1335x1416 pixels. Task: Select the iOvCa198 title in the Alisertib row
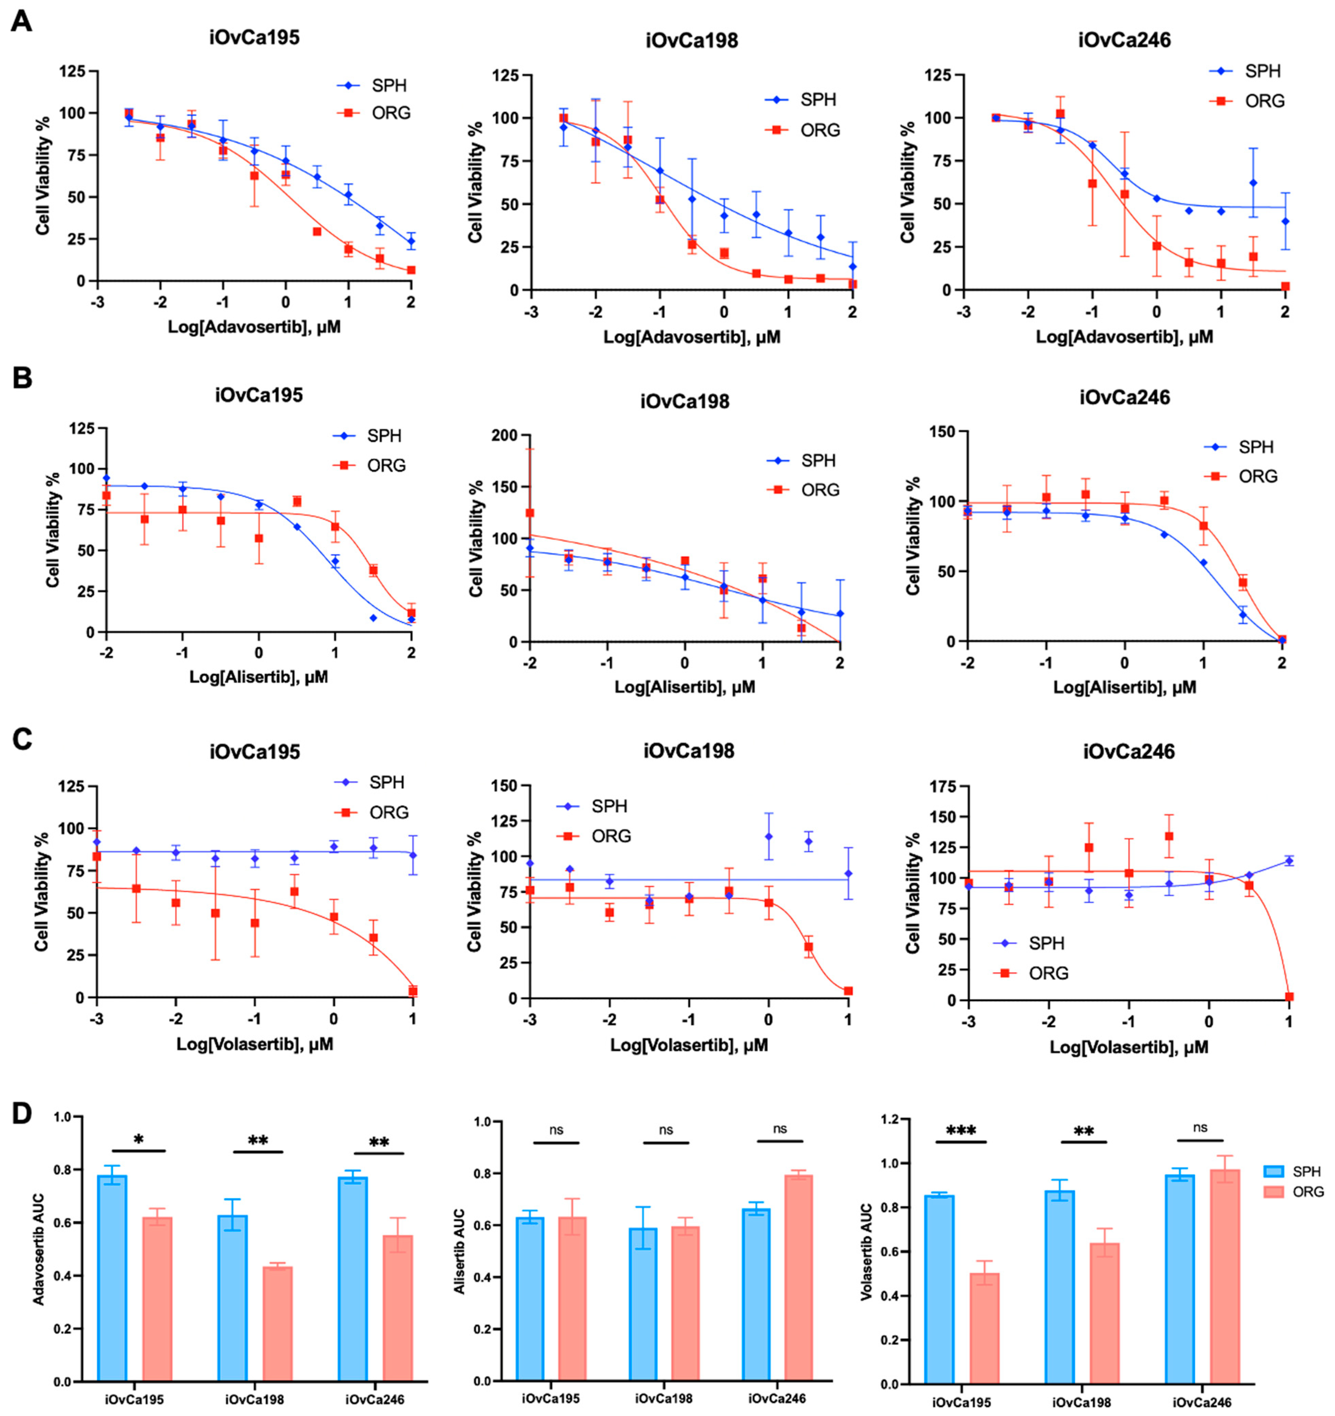pyautogui.click(x=685, y=402)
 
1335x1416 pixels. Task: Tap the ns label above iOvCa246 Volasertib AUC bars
pyautogui.click(x=1201, y=1128)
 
